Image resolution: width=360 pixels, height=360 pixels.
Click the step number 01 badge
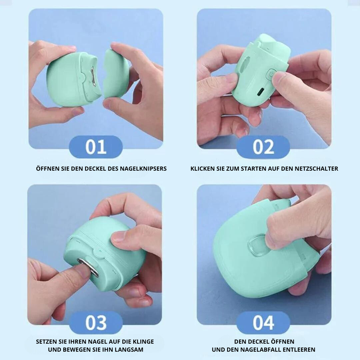tap(96, 147)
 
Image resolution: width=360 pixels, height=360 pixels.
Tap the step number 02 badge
tap(263, 147)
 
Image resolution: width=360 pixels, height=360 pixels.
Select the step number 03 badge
tap(96, 323)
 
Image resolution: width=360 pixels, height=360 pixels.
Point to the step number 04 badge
tap(263, 323)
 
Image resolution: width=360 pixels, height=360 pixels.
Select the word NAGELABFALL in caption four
tap(261, 350)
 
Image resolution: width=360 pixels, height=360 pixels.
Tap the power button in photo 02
tap(271, 75)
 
